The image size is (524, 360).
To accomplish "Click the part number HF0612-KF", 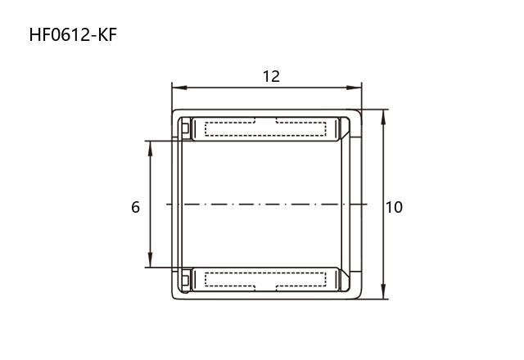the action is pos(73,35).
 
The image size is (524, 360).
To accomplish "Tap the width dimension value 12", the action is pos(271,77).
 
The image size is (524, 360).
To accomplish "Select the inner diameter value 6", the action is pos(135,207).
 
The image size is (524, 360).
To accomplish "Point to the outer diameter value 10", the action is pos(395,207).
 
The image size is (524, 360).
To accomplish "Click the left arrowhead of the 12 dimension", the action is pos(179,88).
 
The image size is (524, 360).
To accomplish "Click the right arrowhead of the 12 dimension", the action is pos(355,88).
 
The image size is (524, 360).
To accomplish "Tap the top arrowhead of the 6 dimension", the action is pos(150,148).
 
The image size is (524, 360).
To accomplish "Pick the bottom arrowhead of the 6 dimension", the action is pos(150,260).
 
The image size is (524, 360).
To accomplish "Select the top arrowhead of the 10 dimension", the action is pos(384,117).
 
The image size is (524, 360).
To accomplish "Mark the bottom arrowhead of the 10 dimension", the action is pos(384,291).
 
